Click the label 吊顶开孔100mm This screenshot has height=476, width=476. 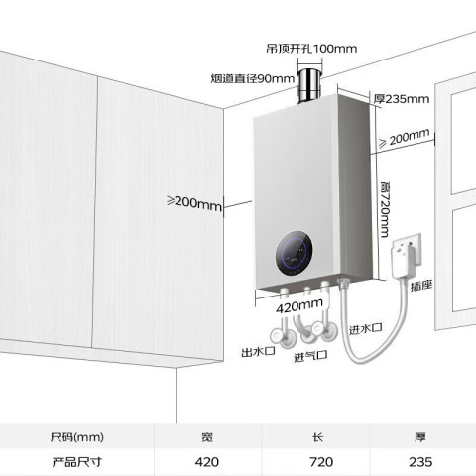(x=311, y=49)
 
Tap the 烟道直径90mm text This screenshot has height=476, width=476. (x=253, y=78)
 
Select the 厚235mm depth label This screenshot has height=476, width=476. (x=402, y=99)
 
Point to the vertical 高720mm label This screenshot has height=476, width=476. (x=385, y=209)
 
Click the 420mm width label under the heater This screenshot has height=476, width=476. (x=299, y=305)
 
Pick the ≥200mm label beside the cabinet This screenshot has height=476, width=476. (x=194, y=203)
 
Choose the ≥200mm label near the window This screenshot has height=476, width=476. (x=404, y=138)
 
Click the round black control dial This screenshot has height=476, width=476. (x=294, y=253)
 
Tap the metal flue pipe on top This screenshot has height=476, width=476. (x=309, y=85)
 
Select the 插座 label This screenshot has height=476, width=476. (x=421, y=286)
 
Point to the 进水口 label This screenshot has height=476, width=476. (x=366, y=328)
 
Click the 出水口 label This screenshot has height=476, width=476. (x=258, y=352)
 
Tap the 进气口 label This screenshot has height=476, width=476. (x=310, y=356)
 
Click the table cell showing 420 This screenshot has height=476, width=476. (x=207, y=462)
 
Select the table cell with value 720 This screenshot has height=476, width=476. (x=321, y=462)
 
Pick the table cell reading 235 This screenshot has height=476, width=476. (x=420, y=462)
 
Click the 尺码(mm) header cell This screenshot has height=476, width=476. (x=77, y=437)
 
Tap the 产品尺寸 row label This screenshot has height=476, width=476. (x=76, y=462)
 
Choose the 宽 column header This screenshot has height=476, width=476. (x=207, y=437)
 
